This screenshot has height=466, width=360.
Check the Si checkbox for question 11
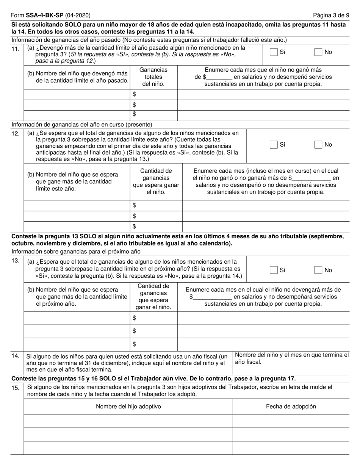(273, 52)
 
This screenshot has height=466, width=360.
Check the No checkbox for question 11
(318, 52)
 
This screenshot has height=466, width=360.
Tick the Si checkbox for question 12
(273, 144)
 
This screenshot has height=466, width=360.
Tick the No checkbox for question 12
(318, 144)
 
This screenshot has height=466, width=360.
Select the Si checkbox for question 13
(273, 270)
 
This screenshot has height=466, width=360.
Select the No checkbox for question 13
(318, 270)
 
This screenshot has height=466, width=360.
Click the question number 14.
(16, 356)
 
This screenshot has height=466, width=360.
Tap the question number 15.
(16, 387)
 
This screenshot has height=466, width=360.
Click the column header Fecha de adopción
(291, 407)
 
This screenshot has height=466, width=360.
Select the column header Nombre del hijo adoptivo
(128, 407)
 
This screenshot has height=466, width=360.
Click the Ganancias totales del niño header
(153, 77)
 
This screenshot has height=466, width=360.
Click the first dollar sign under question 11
(134, 94)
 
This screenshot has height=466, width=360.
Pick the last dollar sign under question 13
(134, 344)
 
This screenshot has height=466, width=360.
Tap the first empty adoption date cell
(291, 421)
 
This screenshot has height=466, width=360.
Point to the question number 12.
(16, 133)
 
